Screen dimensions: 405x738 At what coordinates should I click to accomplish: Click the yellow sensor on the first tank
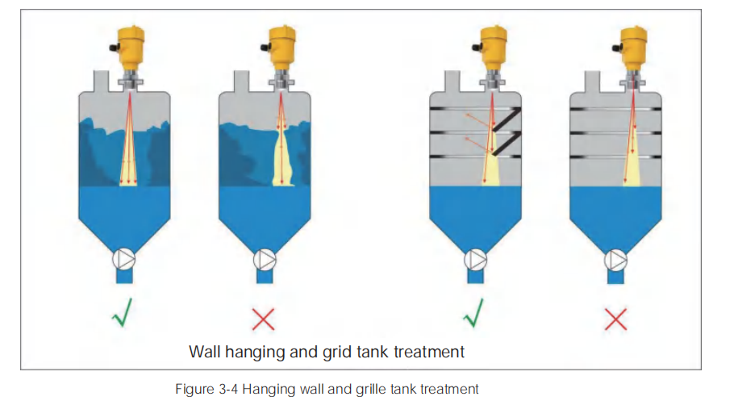click(128, 44)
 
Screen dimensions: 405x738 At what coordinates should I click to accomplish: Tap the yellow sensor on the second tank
click(280, 44)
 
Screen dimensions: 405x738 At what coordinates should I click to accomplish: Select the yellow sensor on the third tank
click(493, 44)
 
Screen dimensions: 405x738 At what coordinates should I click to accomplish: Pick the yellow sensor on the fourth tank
click(634, 44)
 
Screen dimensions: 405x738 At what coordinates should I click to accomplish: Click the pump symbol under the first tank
click(124, 258)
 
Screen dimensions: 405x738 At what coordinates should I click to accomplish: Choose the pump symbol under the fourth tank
click(615, 258)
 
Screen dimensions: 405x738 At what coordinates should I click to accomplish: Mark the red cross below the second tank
click(264, 319)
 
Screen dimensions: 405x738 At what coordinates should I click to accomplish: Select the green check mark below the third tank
click(474, 315)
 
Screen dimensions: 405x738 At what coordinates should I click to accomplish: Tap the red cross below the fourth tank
click(615, 319)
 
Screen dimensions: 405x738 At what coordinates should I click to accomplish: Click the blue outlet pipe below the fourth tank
click(615, 276)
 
